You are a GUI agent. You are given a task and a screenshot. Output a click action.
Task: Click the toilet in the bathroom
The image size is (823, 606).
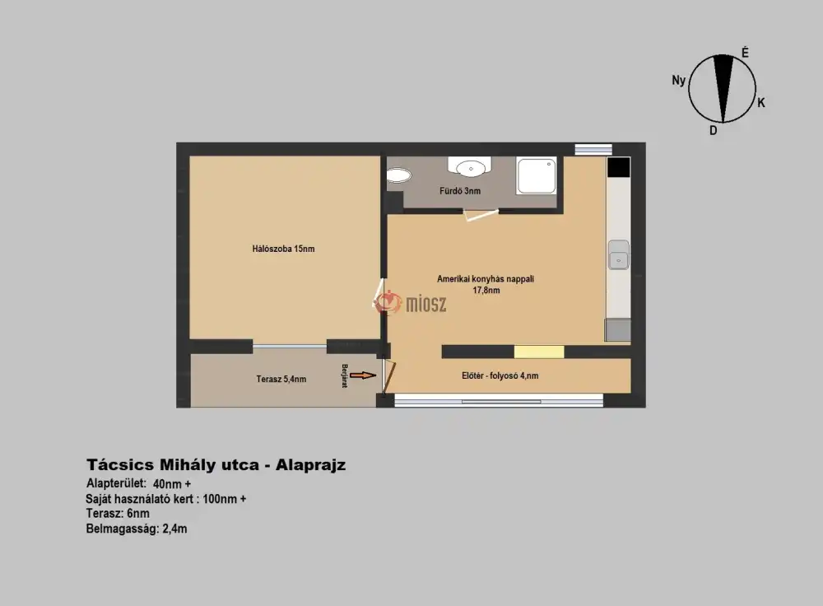click(x=398, y=175)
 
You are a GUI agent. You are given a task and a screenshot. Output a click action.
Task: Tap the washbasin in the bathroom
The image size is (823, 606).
click(x=470, y=167)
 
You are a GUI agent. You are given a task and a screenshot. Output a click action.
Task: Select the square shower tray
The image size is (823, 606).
click(x=536, y=175)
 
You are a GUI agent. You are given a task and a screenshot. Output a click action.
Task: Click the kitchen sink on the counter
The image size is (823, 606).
click(x=618, y=254)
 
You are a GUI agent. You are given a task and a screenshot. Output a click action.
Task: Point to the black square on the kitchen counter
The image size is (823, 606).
click(x=618, y=167)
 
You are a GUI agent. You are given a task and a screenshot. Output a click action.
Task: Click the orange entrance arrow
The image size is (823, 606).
click(x=363, y=375)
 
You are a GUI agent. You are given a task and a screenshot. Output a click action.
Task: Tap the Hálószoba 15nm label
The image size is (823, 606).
click(x=283, y=249)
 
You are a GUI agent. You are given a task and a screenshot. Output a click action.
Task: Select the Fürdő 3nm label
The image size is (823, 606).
click(x=460, y=191)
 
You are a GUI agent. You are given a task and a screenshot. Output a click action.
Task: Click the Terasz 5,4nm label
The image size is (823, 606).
click(x=281, y=379)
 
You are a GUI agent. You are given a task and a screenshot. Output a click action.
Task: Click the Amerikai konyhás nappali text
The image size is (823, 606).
click(x=486, y=279)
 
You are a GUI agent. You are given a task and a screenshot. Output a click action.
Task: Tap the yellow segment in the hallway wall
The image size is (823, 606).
click(x=539, y=352)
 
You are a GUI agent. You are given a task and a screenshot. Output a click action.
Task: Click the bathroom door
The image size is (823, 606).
click(x=481, y=214)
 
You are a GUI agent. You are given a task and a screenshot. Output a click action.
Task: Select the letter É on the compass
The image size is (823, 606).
click(x=745, y=53)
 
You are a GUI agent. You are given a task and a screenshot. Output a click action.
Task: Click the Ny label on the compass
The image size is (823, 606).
click(x=679, y=81)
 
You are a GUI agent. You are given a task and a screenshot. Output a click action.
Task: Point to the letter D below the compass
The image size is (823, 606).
click(x=714, y=130)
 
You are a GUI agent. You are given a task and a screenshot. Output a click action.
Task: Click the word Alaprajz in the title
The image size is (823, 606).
click(x=311, y=464)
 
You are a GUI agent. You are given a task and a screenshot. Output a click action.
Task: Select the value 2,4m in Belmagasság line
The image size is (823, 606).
click(x=174, y=529)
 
